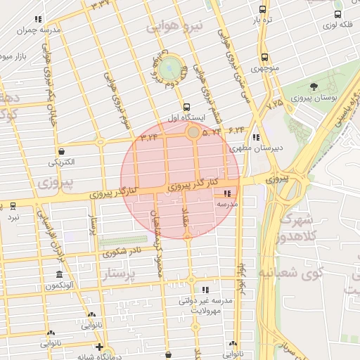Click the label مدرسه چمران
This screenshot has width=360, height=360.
(x=39, y=30)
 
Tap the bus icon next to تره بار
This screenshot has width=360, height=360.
(x=263, y=10)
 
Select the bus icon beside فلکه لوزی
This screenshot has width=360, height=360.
(x=338, y=14)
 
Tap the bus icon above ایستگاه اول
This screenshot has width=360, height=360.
(x=186, y=108)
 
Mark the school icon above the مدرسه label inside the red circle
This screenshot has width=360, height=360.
(x=226, y=193)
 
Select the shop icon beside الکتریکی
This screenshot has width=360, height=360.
(x=62, y=151)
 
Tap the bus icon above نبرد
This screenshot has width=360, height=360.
(x=13, y=206)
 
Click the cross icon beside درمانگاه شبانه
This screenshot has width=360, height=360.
(x=99, y=347)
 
